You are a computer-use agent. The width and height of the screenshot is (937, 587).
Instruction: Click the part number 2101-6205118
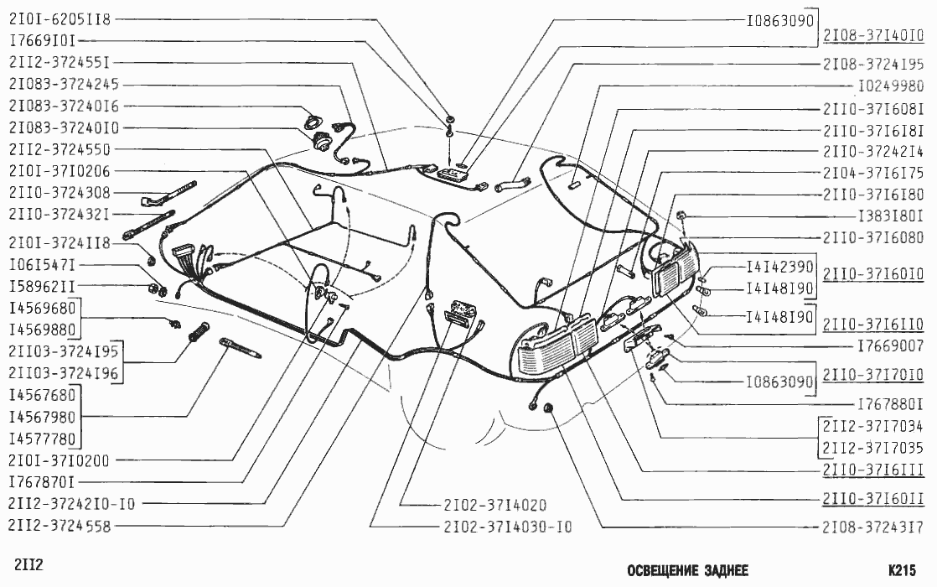tap(60, 18)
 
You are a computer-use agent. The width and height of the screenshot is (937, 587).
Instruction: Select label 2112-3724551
tap(60, 62)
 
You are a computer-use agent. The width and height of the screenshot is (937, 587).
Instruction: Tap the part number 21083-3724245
tap(64, 85)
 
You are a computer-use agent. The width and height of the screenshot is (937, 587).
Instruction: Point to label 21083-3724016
tap(64, 106)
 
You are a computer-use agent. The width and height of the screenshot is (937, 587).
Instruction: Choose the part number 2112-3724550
tap(60, 149)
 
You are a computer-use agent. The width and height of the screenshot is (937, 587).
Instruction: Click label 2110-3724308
tap(60, 193)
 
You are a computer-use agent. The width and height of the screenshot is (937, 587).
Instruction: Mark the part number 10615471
tap(43, 265)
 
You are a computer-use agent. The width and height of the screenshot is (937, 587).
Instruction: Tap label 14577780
tap(43, 438)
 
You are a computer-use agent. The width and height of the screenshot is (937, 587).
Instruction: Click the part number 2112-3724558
tap(60, 526)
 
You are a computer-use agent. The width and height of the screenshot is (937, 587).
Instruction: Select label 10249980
tap(890, 86)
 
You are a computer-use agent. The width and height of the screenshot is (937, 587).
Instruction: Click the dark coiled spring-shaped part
tap(199, 332)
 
